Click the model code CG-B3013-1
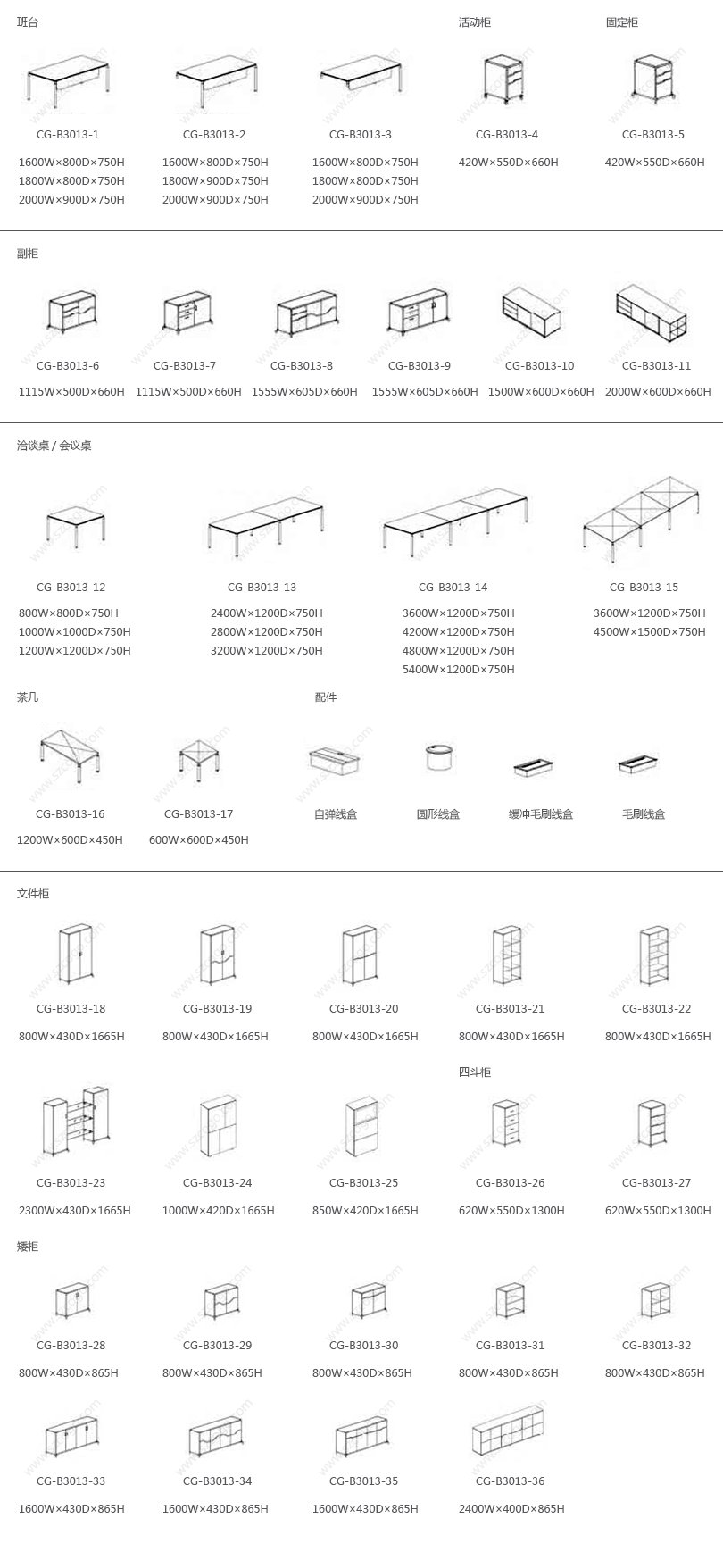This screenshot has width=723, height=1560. point(68,135)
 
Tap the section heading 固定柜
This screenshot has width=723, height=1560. point(621,22)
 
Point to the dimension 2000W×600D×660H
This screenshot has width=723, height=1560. point(658,392)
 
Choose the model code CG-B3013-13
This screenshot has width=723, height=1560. point(262,588)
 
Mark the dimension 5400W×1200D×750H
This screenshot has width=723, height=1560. point(458,670)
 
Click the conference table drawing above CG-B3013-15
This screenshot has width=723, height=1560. point(643,519)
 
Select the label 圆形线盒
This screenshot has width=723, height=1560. point(437,814)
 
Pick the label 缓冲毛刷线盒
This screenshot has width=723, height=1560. point(541,814)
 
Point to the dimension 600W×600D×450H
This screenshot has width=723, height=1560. point(199,840)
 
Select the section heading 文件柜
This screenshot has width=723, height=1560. point(33,894)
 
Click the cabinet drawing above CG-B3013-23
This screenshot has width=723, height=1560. point(77,1116)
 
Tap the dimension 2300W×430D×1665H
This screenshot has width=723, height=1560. point(75,1211)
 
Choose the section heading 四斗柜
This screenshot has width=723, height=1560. point(475,1072)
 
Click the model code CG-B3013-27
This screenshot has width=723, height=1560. point(656,1183)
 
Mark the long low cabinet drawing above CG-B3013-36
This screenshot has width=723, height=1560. point(507,1433)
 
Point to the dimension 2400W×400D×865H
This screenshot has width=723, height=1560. point(511,1509)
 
